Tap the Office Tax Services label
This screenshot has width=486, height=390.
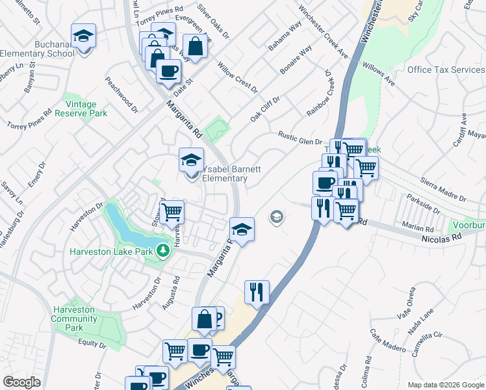pos(446,70)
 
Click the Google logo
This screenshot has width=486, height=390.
pos(21,382)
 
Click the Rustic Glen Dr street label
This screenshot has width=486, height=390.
pos(300,138)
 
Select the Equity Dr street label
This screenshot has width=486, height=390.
pos(91,343)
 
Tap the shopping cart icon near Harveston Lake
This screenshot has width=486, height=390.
pos(172,212)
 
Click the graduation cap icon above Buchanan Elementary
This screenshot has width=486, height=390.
pos(83,36)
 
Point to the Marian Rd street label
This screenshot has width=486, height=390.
pos(417,229)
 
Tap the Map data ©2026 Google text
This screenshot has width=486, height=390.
pos(445,384)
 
